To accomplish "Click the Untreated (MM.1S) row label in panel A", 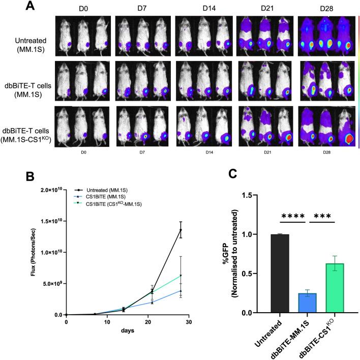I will click(28, 42).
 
